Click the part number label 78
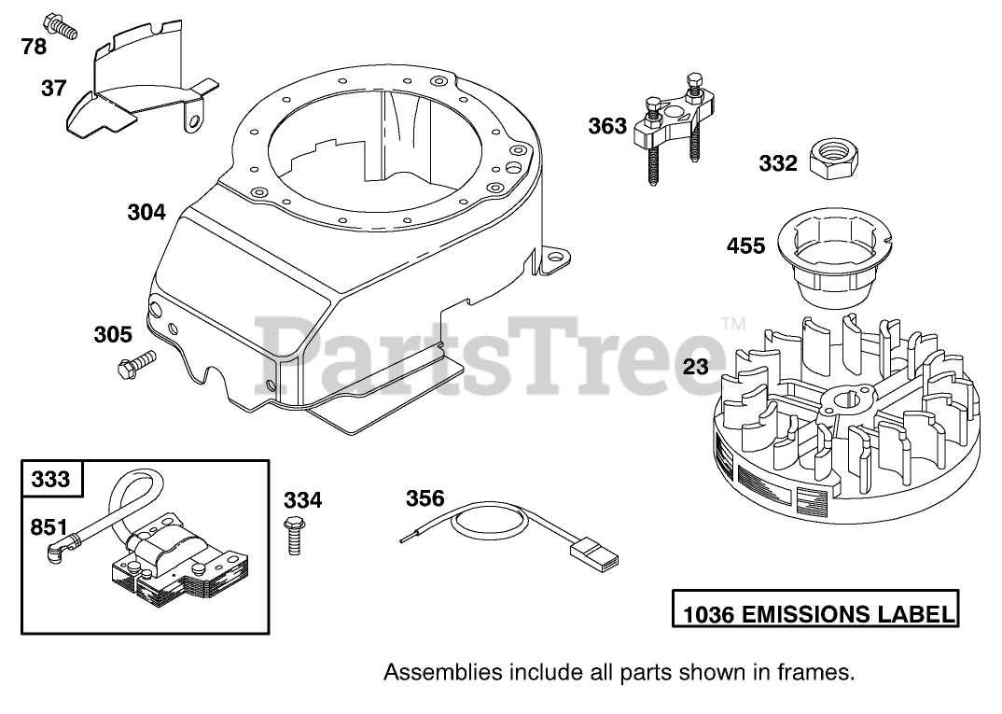[33, 46]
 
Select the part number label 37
[53, 88]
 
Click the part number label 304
[146, 212]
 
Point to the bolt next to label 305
[134, 365]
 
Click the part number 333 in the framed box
[51, 479]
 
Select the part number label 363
[607, 126]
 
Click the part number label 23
[695, 367]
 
